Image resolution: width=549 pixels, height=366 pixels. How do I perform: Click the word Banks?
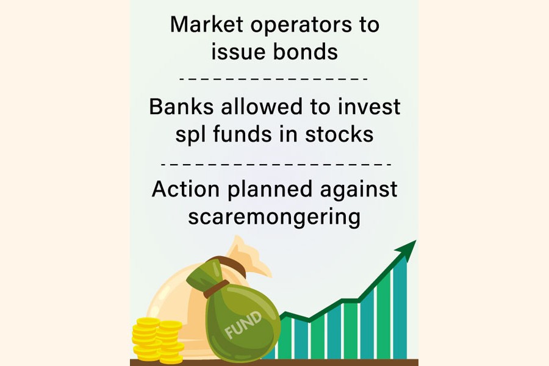click(181, 107)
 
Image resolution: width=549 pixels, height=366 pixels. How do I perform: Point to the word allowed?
click(261, 107)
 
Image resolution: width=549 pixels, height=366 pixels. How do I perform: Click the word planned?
click(270, 190)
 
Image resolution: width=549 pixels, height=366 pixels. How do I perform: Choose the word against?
click(359, 190)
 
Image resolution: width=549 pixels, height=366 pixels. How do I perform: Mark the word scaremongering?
click(274, 218)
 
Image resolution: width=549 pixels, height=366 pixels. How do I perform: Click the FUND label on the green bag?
click(243, 325)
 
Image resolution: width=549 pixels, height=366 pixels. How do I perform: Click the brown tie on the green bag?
click(213, 289)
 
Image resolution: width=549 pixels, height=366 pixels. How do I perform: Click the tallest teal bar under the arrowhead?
click(400, 308)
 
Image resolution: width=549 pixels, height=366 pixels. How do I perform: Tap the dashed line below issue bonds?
click(273, 79)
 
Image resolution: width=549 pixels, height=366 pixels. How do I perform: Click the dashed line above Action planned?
click(276, 163)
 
